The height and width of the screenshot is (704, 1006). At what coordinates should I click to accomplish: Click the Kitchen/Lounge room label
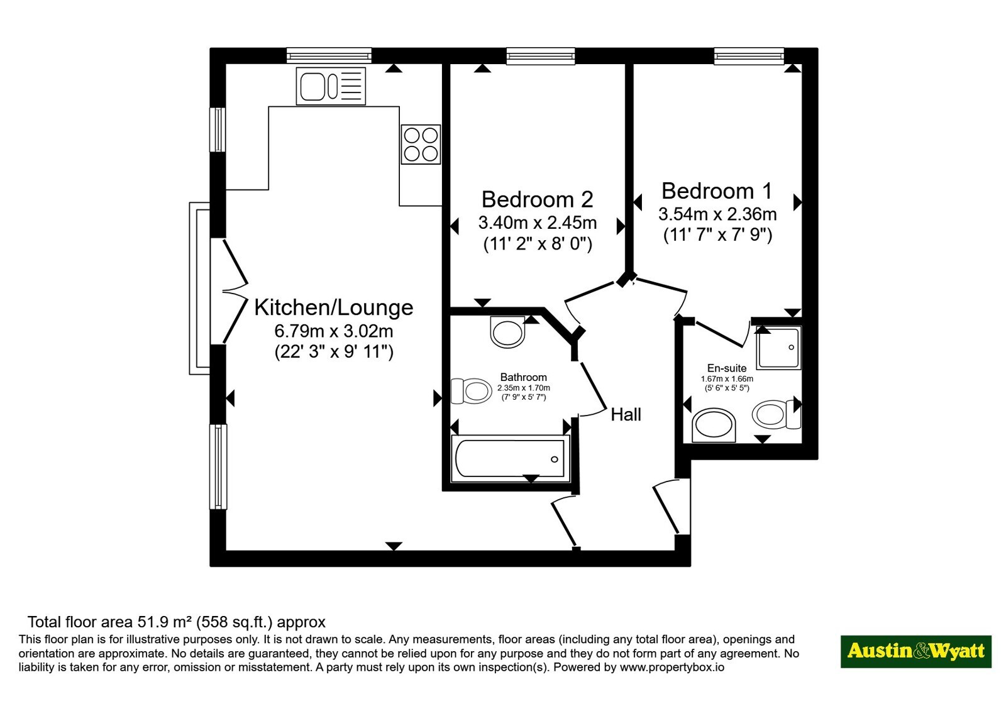[x=334, y=307]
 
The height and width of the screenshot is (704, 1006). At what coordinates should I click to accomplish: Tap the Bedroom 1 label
[x=717, y=191]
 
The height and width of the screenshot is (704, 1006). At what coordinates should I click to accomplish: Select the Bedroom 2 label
[x=538, y=199]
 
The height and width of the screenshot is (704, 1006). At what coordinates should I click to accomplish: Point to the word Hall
[x=626, y=414]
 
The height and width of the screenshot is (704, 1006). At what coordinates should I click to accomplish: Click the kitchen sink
[x=331, y=86]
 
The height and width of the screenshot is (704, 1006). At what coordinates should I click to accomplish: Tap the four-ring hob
[x=421, y=144]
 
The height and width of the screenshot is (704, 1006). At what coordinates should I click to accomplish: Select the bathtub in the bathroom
[x=510, y=458]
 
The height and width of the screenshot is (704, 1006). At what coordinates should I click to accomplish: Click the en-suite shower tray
[x=778, y=348]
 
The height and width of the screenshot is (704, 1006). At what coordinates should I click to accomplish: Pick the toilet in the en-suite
[x=777, y=414]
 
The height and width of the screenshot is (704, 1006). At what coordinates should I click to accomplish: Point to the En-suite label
[x=727, y=368]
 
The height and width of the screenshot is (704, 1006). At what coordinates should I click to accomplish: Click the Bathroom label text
[x=524, y=377]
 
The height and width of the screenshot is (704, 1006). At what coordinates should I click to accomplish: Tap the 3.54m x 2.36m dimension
[x=717, y=214]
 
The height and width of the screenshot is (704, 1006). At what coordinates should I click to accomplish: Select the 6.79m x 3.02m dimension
[x=334, y=331]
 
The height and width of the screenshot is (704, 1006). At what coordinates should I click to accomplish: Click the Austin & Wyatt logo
[x=916, y=651]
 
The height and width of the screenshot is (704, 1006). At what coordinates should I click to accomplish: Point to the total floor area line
[x=177, y=622]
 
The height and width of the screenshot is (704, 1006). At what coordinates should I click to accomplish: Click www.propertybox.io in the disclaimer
[x=672, y=667]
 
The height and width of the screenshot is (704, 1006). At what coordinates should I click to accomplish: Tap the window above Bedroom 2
[x=541, y=56]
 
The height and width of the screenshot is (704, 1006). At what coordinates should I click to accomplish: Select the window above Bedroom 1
[x=749, y=56]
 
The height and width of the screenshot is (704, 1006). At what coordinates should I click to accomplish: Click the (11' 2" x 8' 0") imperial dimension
[x=538, y=244]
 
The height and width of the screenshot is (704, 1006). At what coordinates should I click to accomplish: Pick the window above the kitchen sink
[x=329, y=56]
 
